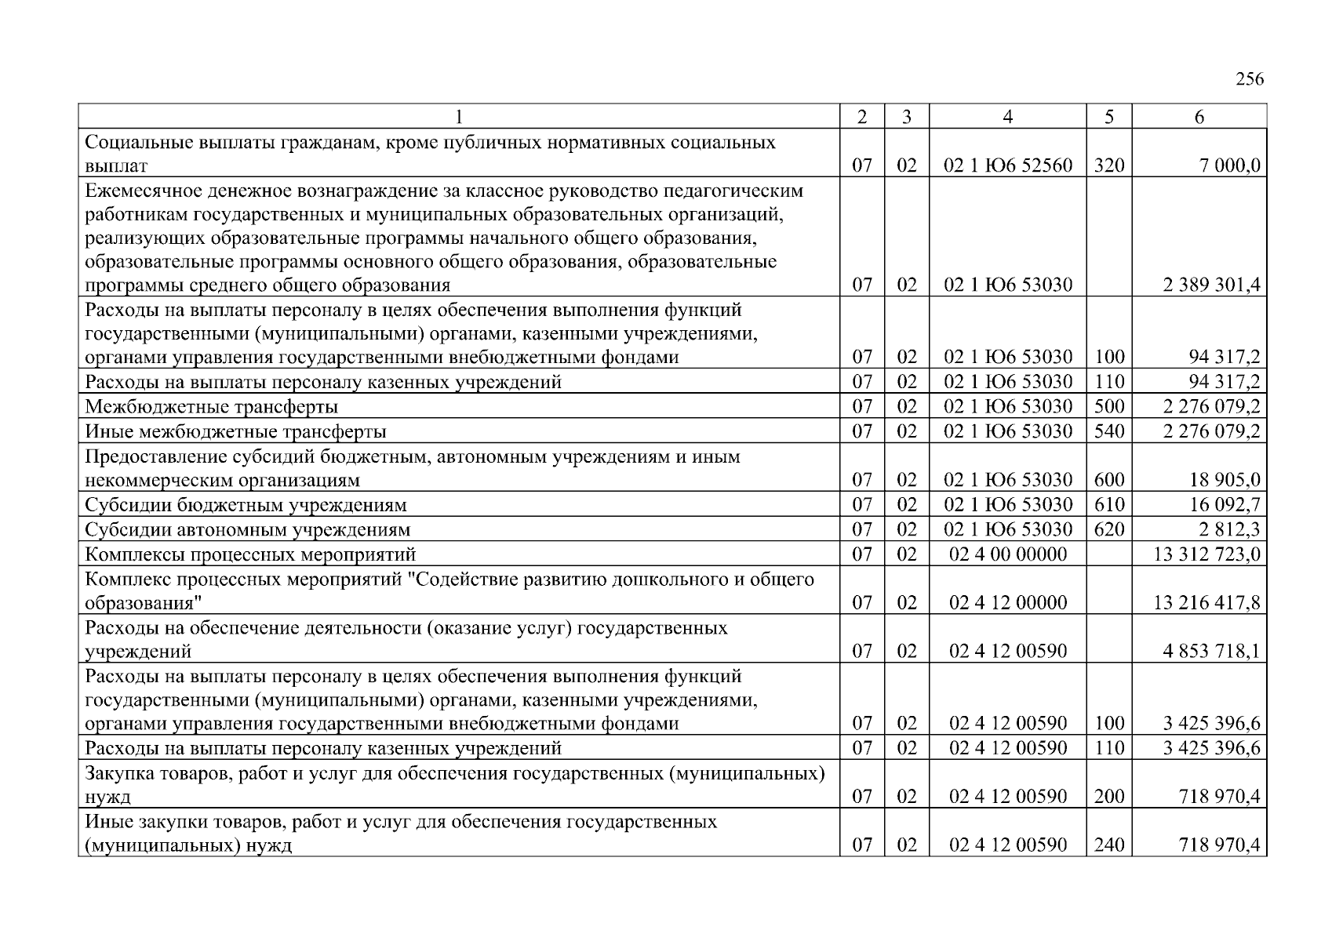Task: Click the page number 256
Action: coord(1250,79)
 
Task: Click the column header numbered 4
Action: coord(1007,117)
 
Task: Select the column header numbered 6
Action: coord(1199,117)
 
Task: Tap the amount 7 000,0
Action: coord(1229,165)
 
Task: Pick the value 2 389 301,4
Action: coord(1211,285)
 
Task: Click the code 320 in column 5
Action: coord(1108,165)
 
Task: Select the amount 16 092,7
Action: coord(1225,505)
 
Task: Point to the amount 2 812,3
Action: coord(1229,530)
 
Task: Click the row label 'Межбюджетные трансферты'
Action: coord(211,407)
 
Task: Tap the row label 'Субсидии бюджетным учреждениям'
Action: coord(246,505)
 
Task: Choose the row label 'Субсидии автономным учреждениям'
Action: coord(247,530)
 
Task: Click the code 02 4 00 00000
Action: coord(1007,554)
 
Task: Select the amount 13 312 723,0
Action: coord(1207,554)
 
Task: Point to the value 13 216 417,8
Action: coord(1207,602)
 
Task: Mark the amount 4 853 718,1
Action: coord(1211,651)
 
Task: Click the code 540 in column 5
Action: coord(1108,431)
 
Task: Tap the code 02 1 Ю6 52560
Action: coord(1007,165)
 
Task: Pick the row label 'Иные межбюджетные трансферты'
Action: coord(235,431)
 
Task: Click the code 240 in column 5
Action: coord(1108,845)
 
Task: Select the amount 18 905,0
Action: coord(1225,480)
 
